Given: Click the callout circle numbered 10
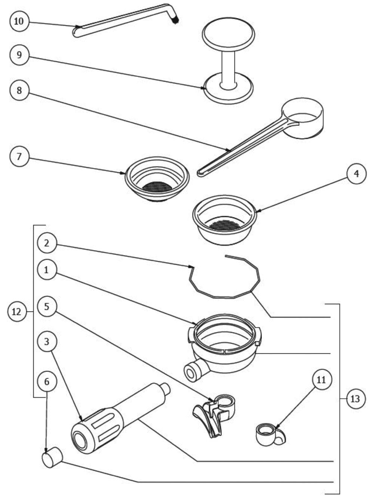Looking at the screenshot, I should pyautogui.click(x=19, y=21).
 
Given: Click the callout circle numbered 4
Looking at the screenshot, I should pyautogui.click(x=356, y=174).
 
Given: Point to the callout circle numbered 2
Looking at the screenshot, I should pyautogui.click(x=47, y=243).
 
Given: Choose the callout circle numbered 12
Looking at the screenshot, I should pyautogui.click(x=17, y=312).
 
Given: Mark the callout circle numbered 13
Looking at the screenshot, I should pyautogui.click(x=355, y=399).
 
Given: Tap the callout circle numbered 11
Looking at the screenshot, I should pyautogui.click(x=321, y=380).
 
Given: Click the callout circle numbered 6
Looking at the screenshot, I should pyautogui.click(x=47, y=382).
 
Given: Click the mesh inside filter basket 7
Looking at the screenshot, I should pyautogui.click(x=157, y=186).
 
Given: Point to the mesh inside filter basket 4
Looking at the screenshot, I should pyautogui.click(x=224, y=225).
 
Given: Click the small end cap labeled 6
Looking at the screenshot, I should pyautogui.click(x=52, y=457).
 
